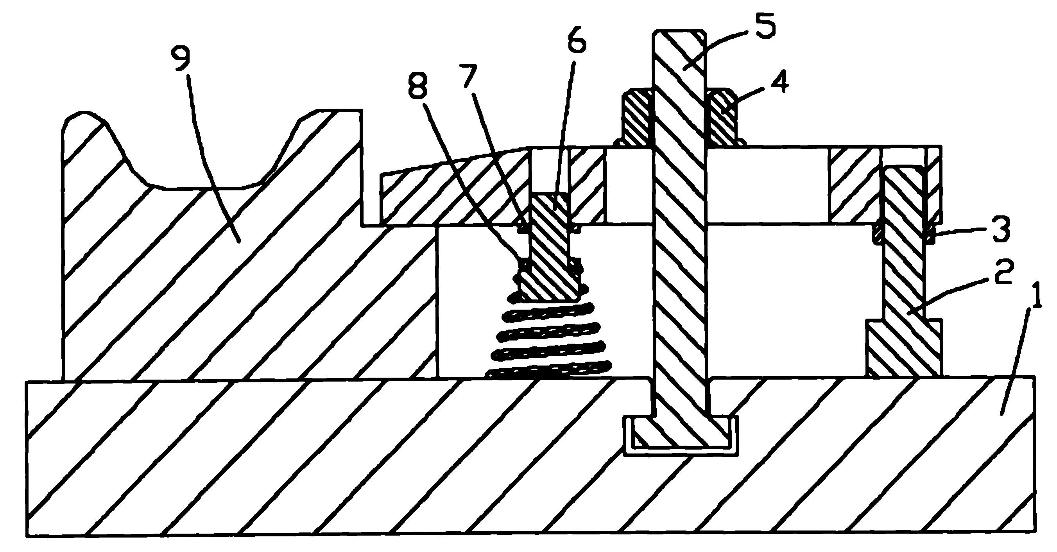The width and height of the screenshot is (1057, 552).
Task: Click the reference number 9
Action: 183,59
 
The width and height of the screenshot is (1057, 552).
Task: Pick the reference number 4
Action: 779,82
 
